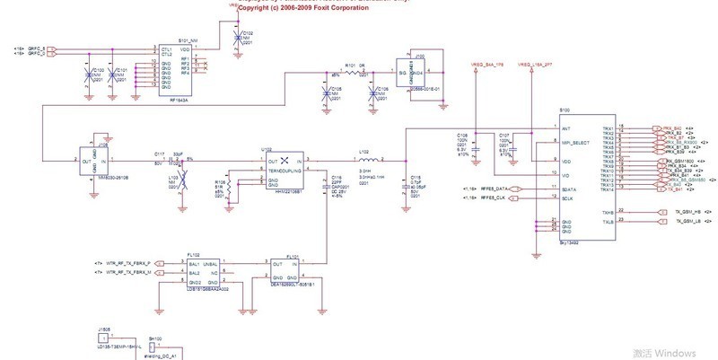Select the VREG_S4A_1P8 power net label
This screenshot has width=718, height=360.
[x=487, y=66]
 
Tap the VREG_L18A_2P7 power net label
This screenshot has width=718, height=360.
[x=537, y=66]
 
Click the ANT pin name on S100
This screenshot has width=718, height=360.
[x=565, y=129]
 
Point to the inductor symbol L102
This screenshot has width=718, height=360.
[x=364, y=162]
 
